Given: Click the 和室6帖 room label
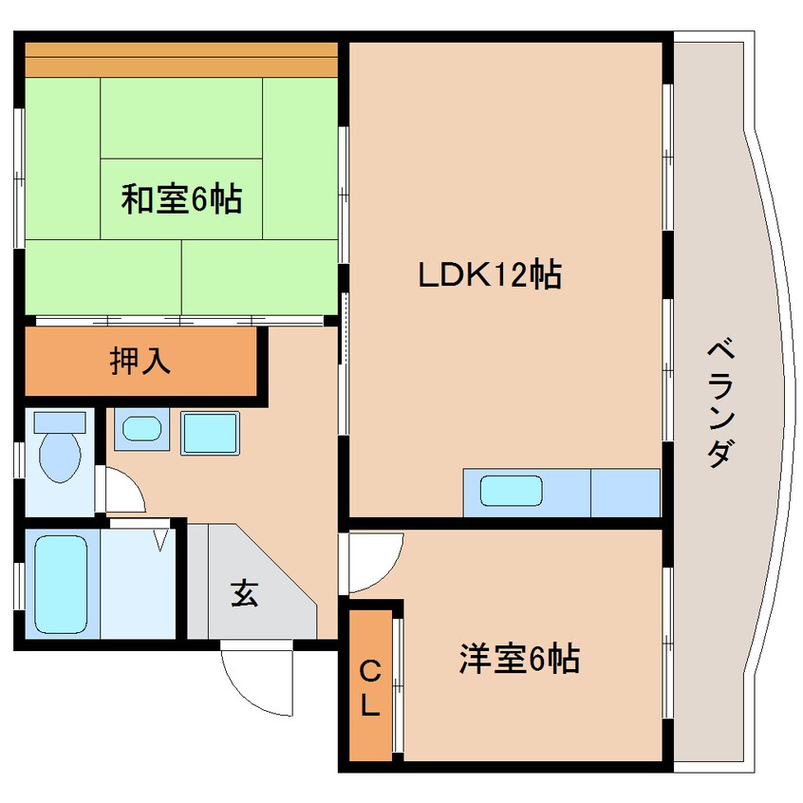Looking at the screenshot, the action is point(181,198).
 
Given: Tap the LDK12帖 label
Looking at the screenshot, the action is point(490,274).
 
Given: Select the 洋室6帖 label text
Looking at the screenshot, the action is point(519,658).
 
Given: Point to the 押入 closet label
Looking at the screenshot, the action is point(140,361).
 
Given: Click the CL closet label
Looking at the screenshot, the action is point(370,688).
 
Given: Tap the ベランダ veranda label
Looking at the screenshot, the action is point(721,402).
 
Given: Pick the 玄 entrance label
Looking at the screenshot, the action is point(245,593).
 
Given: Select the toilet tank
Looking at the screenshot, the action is point(60,422).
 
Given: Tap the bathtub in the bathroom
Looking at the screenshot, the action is point(61,585).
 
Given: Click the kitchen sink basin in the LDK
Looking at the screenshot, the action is point(511,491).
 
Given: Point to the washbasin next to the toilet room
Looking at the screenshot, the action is point(141,429).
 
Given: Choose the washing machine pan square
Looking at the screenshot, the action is point(210,433).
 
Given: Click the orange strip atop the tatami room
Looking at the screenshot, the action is point(181,60).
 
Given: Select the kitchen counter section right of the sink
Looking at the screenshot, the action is point(626,493).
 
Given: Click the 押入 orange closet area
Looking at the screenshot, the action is point(140,361).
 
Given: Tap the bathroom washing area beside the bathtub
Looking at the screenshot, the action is point(138,584).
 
